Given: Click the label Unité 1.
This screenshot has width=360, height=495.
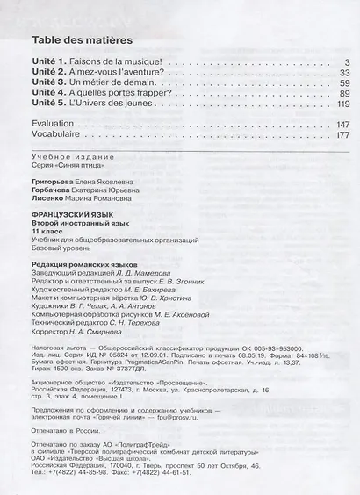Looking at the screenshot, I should (x=50, y=61).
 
